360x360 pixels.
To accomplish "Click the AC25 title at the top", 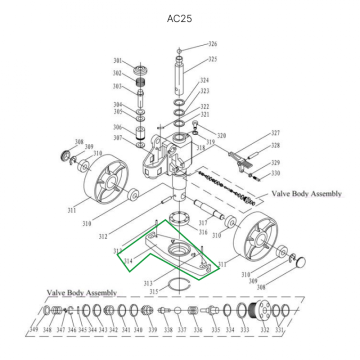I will (x=179, y=19).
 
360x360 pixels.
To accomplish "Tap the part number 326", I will (x=213, y=44).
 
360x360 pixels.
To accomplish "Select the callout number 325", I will (x=213, y=59).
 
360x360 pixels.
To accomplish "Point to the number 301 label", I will (x=117, y=61).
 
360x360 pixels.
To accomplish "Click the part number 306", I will (x=117, y=127).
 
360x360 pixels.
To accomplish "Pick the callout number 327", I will (x=275, y=133).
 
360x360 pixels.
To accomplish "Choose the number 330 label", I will (x=275, y=173).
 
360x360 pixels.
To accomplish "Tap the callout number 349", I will (x=33, y=329).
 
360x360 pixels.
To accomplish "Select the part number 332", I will (x=264, y=329).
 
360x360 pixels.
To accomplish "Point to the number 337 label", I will (x=182, y=329).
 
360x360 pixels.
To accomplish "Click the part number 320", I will (x=221, y=135).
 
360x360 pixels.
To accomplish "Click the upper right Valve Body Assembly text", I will (x=306, y=193).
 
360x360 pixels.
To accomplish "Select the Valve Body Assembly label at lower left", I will (x=82, y=292).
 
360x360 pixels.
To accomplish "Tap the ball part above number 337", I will (x=177, y=311).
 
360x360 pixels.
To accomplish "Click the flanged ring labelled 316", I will (x=179, y=219).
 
